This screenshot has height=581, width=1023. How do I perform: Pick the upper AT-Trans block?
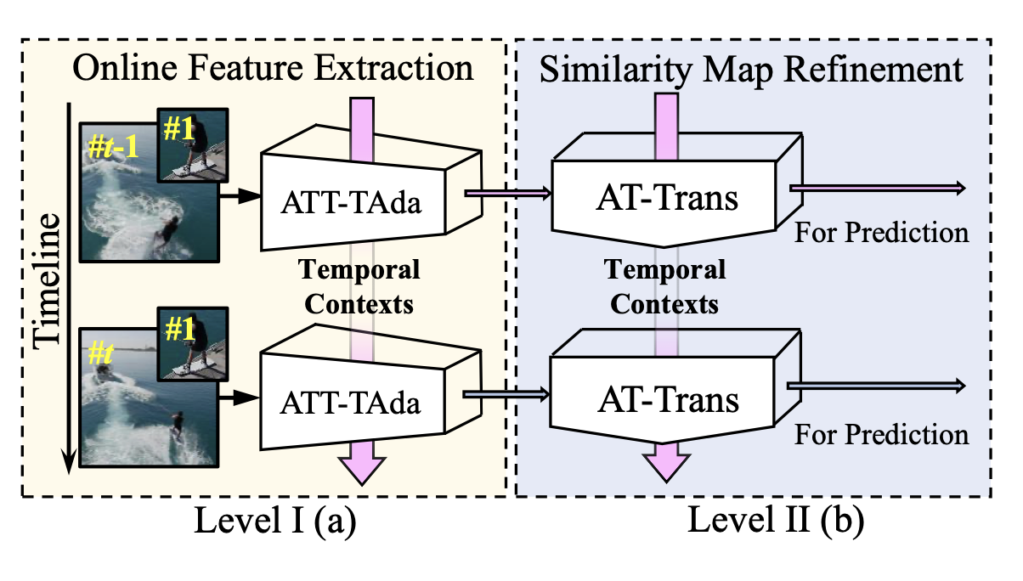(668, 200)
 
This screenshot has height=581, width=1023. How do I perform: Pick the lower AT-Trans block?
(668, 398)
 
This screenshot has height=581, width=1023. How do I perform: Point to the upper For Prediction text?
(881, 232)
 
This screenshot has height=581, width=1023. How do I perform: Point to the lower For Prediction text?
(881, 435)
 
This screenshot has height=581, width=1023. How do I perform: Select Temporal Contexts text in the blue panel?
(665, 286)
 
